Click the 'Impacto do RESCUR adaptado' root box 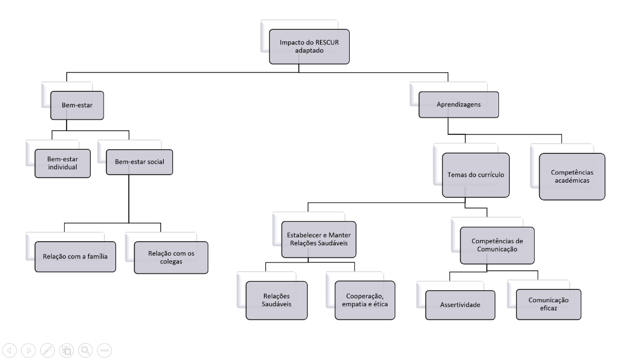[309, 46]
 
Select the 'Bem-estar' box [77, 105]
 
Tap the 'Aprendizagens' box [458, 105]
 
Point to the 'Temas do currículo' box [476, 175]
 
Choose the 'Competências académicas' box [572, 177]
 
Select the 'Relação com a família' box [75, 257]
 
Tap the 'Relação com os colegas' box [170, 257]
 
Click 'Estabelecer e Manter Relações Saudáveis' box [319, 239]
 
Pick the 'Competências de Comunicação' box [494, 245]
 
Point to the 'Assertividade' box [460, 305]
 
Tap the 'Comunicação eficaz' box [549, 304]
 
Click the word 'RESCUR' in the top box [323, 42]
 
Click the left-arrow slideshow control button [10, 350]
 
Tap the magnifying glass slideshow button [85, 350]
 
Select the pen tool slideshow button [47, 350]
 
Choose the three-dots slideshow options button [104, 350]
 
